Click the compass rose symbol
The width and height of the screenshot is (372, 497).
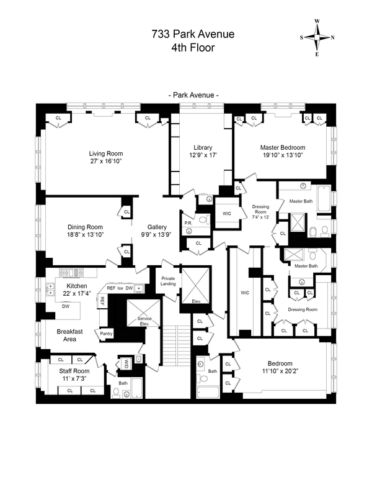pyautogui.click(x=317, y=37)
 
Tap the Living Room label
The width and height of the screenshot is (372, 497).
pyautogui.click(x=105, y=153)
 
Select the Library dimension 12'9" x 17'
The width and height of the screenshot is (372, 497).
pyautogui.click(x=201, y=155)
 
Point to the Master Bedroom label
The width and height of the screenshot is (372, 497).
pyautogui.click(x=281, y=147)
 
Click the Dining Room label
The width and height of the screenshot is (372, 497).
pyautogui.click(x=84, y=227)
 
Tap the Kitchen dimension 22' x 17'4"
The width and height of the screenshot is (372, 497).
pyautogui.click(x=78, y=294)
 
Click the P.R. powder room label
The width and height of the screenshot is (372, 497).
pyautogui.click(x=187, y=222)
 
